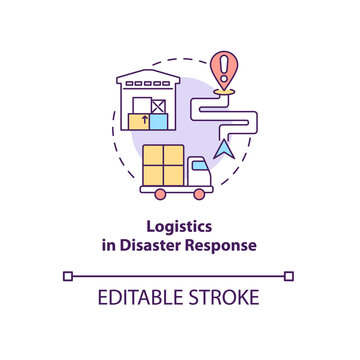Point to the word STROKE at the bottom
222,297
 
